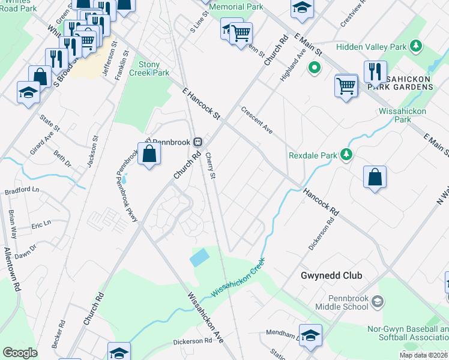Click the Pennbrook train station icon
point(197,142)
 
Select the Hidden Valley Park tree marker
point(415,46)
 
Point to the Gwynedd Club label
point(331,276)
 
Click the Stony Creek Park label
point(154,68)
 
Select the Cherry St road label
point(210,165)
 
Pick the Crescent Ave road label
point(257,121)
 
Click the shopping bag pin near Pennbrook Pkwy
point(149,155)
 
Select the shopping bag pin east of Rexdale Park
point(375,178)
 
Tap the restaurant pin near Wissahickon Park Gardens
point(375,72)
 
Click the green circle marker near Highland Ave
point(313,68)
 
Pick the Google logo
point(20,353)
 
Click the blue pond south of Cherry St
point(199,257)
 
